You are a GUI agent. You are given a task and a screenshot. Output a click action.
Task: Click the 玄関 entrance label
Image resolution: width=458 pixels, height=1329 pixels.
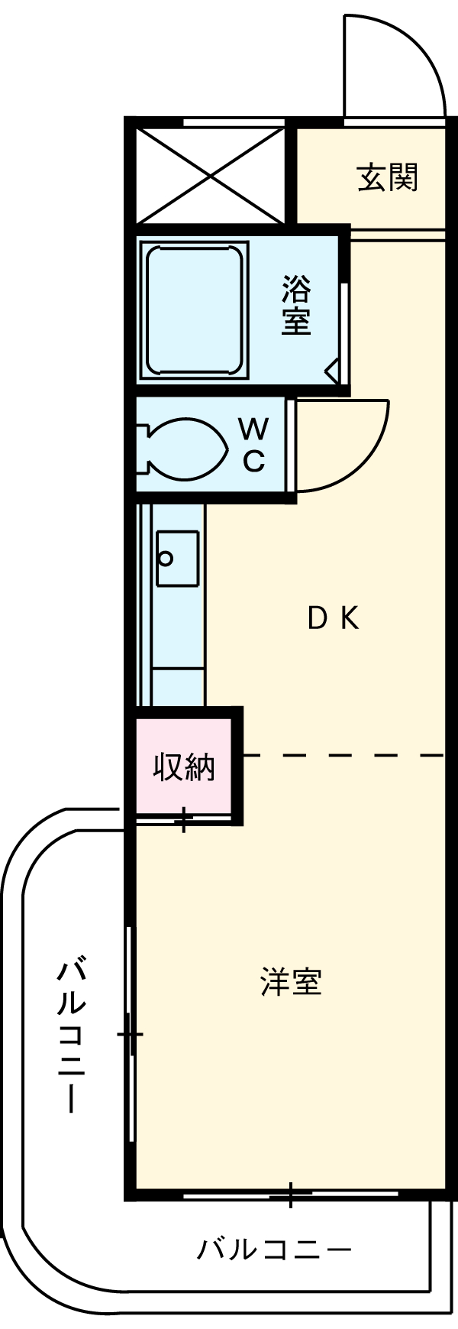[x=388, y=178]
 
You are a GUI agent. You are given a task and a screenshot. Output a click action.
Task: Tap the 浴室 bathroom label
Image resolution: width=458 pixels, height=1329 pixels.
[x=296, y=305]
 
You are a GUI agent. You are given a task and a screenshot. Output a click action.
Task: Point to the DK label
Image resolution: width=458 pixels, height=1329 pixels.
[x=333, y=617]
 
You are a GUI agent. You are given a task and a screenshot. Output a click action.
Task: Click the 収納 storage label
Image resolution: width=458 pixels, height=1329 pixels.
[x=184, y=767]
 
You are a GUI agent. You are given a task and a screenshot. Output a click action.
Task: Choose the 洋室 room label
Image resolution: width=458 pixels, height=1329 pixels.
[x=291, y=982]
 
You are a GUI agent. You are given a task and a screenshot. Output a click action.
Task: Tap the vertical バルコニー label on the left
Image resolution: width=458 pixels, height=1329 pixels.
[x=71, y=1035]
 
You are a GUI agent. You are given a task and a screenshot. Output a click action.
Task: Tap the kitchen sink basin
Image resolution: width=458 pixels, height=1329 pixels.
[x=177, y=558]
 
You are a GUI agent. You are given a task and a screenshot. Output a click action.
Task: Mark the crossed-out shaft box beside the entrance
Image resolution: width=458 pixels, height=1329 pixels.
[x=211, y=174]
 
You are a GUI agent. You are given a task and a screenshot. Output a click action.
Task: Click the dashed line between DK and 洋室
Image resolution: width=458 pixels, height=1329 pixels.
[x=343, y=755]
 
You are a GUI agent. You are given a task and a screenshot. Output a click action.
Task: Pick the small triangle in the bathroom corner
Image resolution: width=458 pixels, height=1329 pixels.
[x=333, y=372]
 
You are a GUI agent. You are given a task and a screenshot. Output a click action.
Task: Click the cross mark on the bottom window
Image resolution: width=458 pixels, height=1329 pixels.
[x=290, y=1193]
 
